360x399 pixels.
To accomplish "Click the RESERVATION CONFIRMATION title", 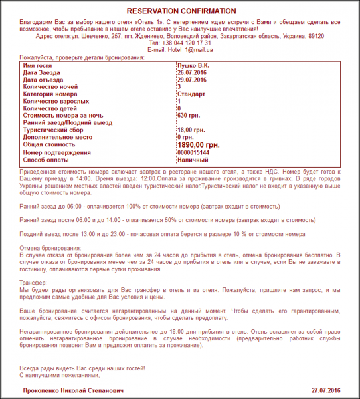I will pos(181,11).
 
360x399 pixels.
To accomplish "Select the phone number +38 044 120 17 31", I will pos(180,43).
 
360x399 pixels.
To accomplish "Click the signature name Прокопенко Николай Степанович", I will pos(73,390).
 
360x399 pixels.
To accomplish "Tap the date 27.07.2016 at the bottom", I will pos(325,390).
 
